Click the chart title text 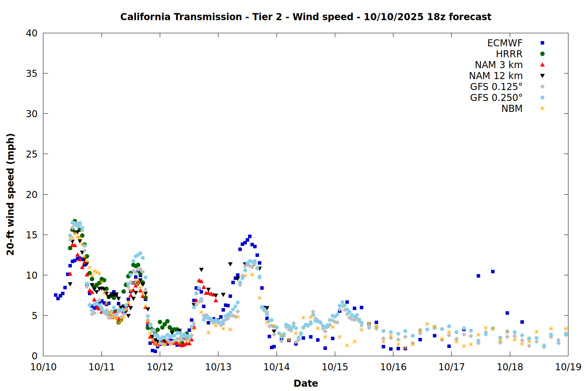pos(306,17)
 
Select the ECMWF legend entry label pos(505,43)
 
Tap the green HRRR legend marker pos(542,54)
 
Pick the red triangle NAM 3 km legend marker pos(542,65)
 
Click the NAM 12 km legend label pos(496,76)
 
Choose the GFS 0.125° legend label pos(496,87)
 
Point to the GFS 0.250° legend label pos(496,98)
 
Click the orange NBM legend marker pos(542,109)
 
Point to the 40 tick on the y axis pos(32,33)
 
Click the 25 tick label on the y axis pos(32,154)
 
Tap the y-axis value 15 pos(32,235)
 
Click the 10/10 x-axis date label pos(43,367)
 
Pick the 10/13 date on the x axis pos(218,367)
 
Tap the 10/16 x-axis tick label pos(393,367)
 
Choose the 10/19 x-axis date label pos(568,367)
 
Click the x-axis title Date pos(306,383)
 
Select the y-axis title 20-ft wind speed pos(11,194)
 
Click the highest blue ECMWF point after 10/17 pos(493,271)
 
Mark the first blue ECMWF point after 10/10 pos(55,295)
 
